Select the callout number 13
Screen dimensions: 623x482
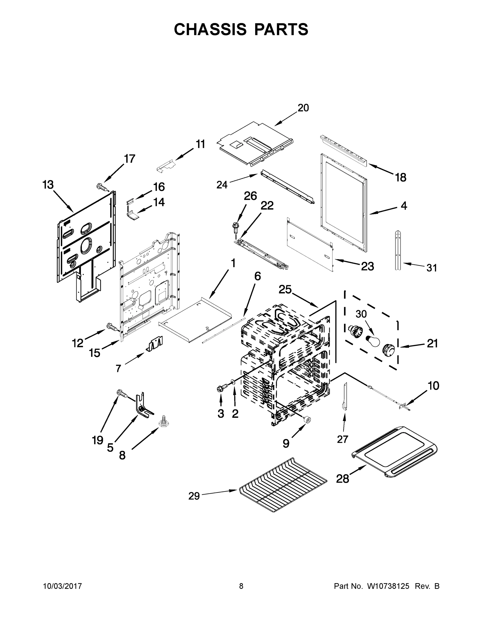(x=48, y=185)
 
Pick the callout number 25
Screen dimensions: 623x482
(x=285, y=289)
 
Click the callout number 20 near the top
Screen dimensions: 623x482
(x=303, y=108)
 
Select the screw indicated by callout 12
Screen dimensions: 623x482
(x=112, y=327)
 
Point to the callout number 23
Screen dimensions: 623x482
(x=367, y=266)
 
